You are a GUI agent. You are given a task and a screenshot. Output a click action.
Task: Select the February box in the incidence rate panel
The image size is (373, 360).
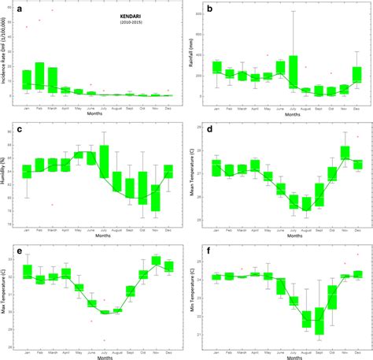point(39,75)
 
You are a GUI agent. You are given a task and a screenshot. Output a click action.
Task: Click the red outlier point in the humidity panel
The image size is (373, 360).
point(52,205)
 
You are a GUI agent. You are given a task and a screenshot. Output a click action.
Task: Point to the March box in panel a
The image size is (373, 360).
point(53,80)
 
